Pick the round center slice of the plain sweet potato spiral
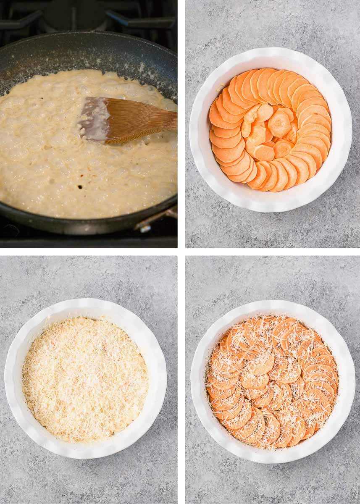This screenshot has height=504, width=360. tap(279, 124)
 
